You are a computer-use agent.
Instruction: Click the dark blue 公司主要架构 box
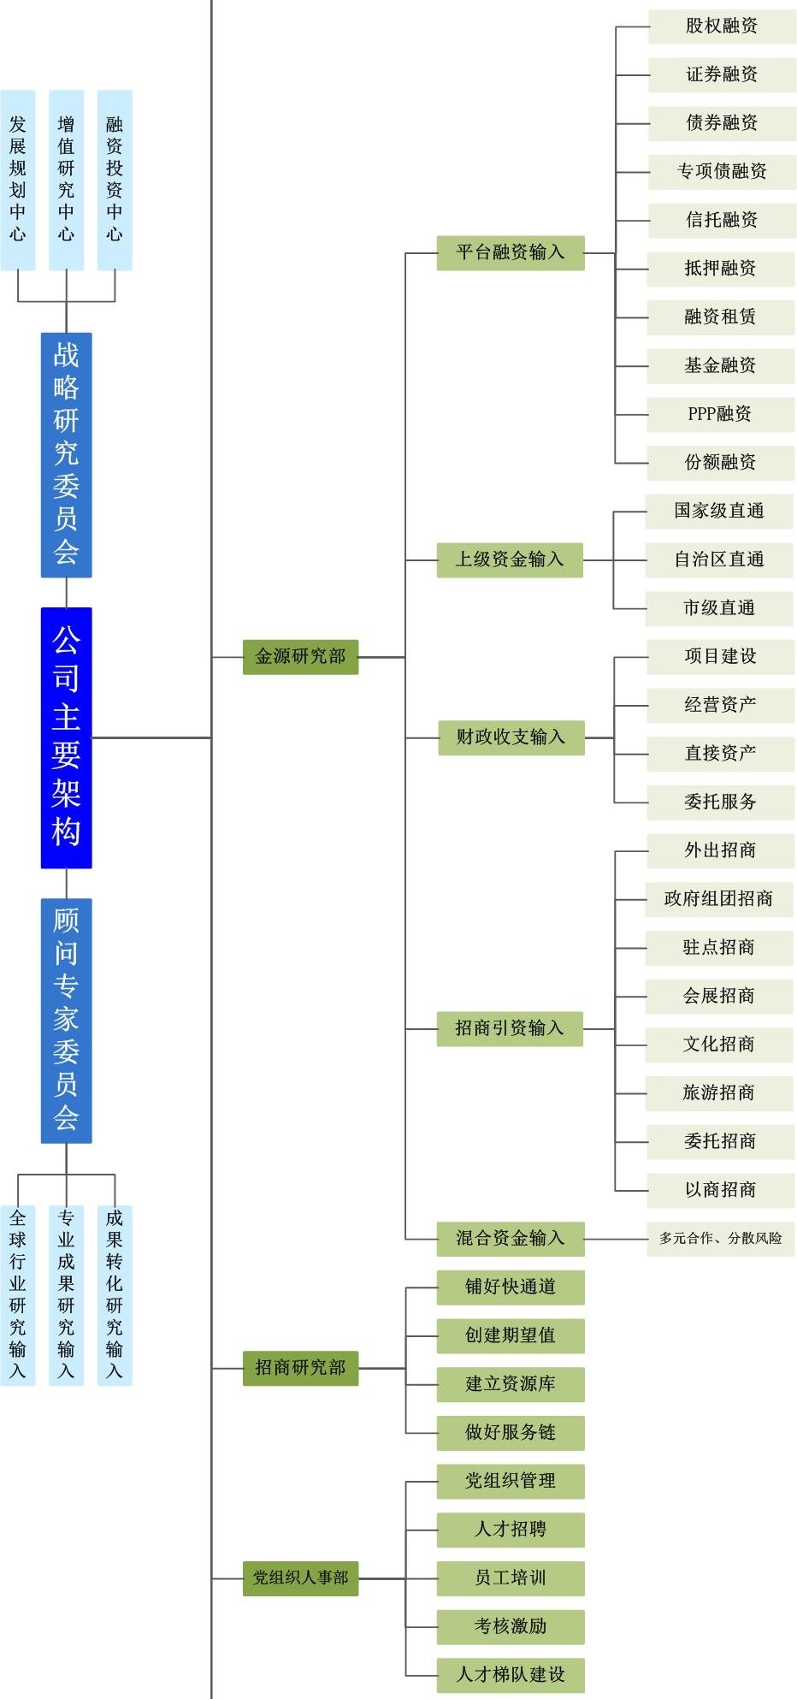point(66,737)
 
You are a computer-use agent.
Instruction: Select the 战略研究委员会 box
point(66,454)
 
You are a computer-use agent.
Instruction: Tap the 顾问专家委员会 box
point(66,1020)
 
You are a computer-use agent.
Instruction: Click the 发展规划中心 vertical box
point(18,180)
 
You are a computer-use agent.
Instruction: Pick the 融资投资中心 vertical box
point(115,180)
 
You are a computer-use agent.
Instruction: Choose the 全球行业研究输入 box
point(18,1294)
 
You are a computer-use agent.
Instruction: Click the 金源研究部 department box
point(300,657)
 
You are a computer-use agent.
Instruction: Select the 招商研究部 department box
point(300,1368)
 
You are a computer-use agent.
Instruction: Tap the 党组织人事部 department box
point(300,1578)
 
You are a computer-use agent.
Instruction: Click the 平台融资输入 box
point(511,252)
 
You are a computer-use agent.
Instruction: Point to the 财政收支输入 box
point(511,737)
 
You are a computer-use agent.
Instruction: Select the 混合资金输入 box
point(511,1238)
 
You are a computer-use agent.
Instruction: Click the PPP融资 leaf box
point(720,414)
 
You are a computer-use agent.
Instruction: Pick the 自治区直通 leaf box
point(718,559)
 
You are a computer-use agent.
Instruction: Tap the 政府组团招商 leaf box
point(718,899)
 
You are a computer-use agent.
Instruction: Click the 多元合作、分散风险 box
point(720,1238)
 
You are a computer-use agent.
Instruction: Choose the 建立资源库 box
point(511,1384)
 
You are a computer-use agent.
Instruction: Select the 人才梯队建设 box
point(511,1675)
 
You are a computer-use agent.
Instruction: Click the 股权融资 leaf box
point(722,26)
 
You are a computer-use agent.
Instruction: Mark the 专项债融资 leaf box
point(722,171)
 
